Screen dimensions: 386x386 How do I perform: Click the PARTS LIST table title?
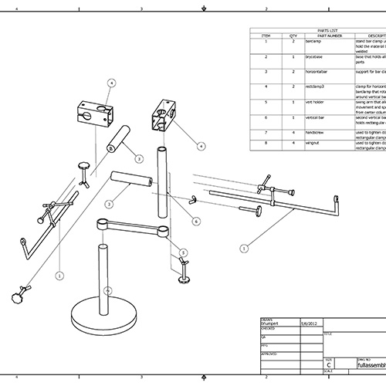coord(317,31)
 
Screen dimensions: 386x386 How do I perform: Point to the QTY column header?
coord(293,36)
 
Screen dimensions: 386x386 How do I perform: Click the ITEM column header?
coord(266,36)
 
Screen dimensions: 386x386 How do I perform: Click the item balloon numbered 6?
coord(196,221)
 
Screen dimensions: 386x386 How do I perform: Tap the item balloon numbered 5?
coord(183,252)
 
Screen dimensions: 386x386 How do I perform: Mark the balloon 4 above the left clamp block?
coord(110,82)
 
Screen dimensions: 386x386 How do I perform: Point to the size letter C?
coord(329,366)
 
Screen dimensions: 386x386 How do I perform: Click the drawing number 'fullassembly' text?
coord(364,366)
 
